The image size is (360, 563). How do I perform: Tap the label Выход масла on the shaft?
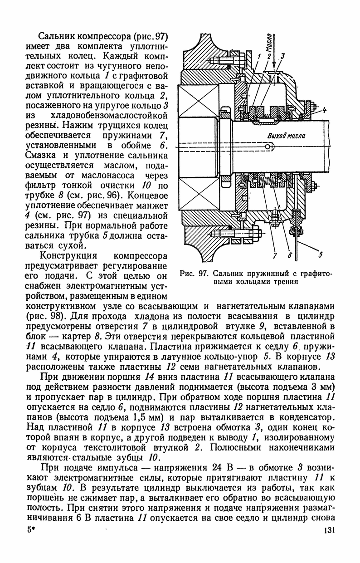click(286, 136)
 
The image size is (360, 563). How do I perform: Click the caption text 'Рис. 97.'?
click(194, 274)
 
